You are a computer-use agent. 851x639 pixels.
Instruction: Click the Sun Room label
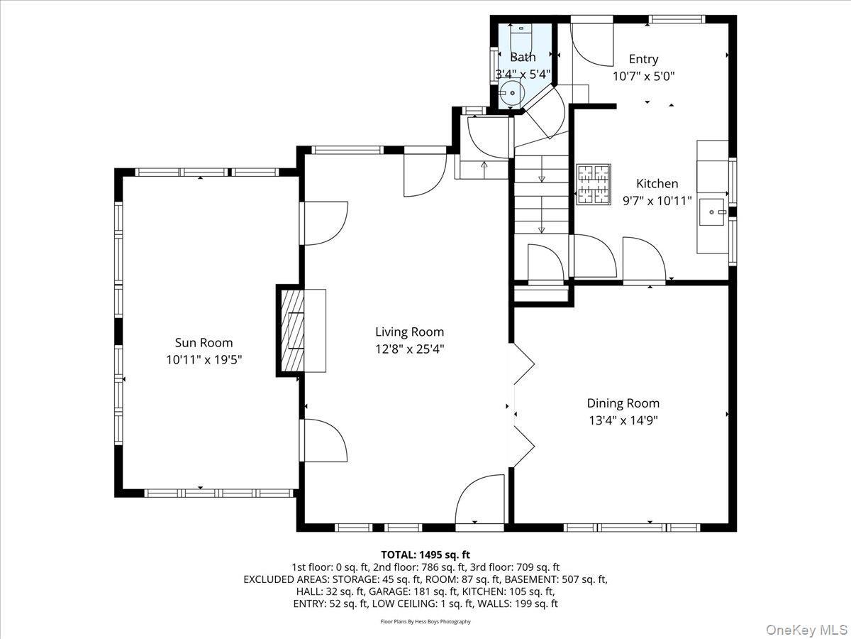204,343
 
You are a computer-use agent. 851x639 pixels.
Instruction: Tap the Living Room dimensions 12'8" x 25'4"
409,349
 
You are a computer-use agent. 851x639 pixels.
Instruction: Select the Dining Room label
623,403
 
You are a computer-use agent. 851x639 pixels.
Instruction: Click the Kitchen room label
656,184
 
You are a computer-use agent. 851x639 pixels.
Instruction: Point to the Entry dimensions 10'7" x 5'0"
643,76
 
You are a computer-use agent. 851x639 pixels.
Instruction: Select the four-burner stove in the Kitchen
594,185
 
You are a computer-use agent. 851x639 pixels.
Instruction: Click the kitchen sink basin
711,212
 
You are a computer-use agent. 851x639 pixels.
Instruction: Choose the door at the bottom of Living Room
479,501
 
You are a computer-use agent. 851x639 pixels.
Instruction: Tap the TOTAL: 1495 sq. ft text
425,555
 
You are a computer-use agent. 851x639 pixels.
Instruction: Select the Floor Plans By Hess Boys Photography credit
425,622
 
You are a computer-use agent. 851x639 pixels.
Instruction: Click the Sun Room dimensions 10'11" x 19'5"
204,360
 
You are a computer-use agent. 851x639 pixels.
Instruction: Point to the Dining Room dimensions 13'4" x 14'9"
623,420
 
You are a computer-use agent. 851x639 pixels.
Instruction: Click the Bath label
523,58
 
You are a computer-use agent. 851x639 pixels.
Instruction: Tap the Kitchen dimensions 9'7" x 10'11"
656,201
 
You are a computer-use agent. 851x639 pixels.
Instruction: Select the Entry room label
643,60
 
